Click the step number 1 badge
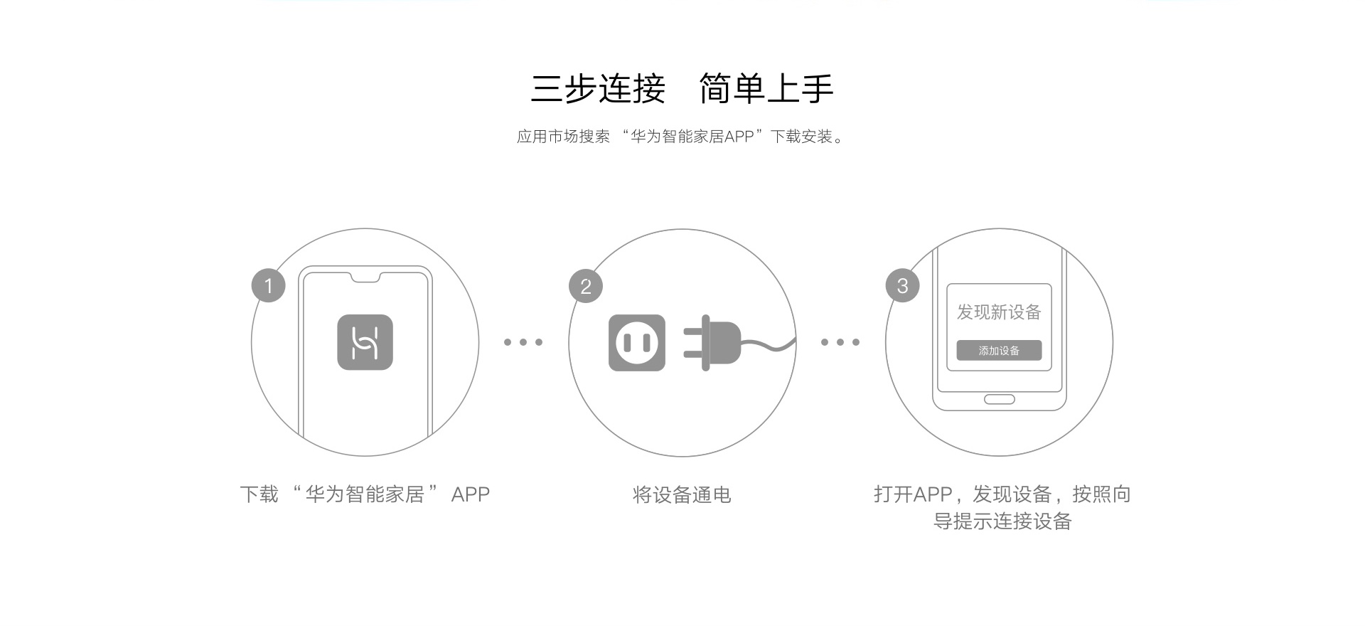[x=268, y=286]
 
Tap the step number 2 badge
[x=586, y=286]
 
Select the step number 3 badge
[x=902, y=286]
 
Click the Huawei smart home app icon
[x=365, y=342]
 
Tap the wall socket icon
[x=637, y=343]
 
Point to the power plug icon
[x=712, y=343]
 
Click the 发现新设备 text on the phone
[x=999, y=312]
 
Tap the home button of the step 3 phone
[x=999, y=399]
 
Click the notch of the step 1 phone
[x=365, y=277]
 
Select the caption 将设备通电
[x=682, y=494]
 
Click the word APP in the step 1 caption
[x=471, y=494]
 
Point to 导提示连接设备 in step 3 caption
[x=1002, y=521]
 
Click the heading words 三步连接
[x=598, y=89]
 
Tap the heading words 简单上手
[x=766, y=89]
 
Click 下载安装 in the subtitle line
[x=801, y=137]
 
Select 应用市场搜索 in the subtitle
[x=563, y=137]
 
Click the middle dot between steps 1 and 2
[x=523, y=342]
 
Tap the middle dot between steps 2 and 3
[x=840, y=342]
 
